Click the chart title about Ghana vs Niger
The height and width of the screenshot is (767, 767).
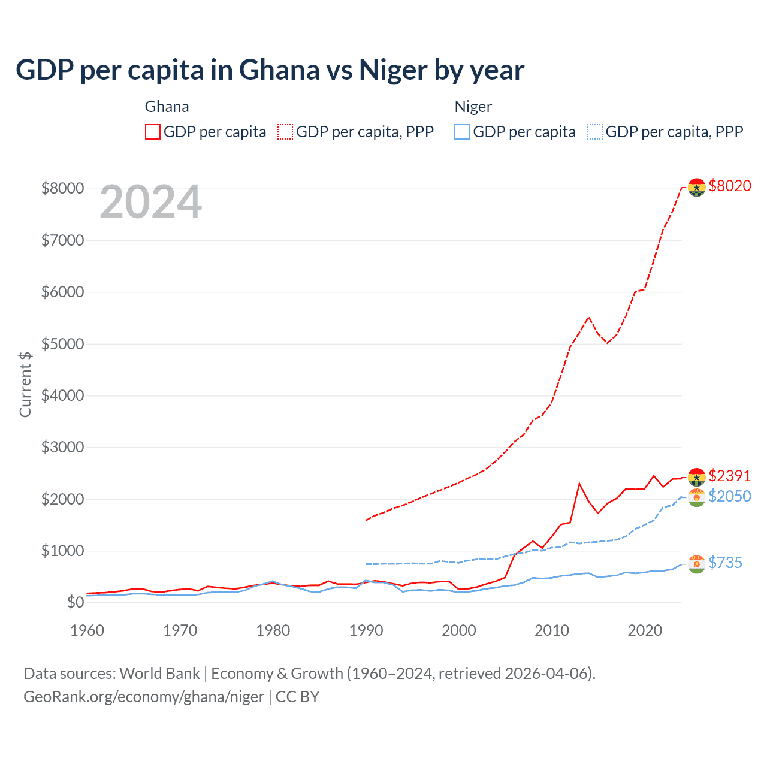(270, 70)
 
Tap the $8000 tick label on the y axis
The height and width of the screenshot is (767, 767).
(62, 188)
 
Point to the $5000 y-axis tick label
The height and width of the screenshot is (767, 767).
(62, 344)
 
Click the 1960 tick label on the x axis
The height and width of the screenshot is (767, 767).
(87, 630)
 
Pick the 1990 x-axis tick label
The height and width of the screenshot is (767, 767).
(366, 630)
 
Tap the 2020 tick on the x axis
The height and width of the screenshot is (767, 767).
(645, 630)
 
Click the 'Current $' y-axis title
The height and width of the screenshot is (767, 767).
(25, 384)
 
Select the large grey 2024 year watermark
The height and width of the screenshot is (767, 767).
(150, 202)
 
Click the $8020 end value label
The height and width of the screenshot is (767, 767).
(729, 186)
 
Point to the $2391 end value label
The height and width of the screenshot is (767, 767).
(729, 476)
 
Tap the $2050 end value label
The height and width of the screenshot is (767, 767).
(729, 496)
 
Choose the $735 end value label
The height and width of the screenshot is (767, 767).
(725, 563)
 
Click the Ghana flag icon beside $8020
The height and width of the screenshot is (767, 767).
(696, 187)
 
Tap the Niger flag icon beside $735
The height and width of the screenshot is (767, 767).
(696, 564)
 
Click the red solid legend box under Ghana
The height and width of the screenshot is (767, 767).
(153, 132)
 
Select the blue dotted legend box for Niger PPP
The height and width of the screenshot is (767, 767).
(595, 132)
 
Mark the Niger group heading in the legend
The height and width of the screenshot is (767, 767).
(473, 107)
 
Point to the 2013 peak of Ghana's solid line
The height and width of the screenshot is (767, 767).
(579, 483)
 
